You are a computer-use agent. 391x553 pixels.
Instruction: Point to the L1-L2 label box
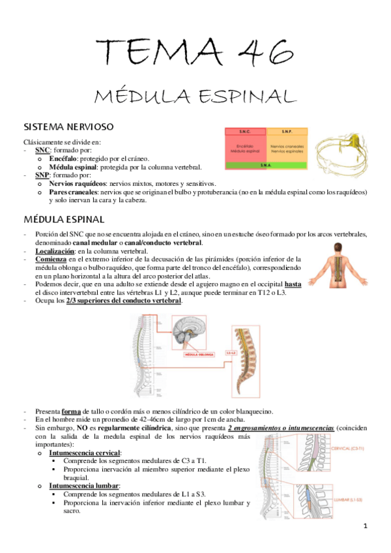[x=231, y=353]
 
